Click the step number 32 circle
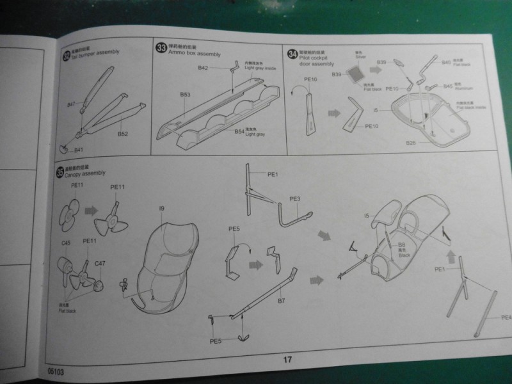tap(67, 55)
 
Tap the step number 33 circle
tap(161, 47)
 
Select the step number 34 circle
tap(292, 54)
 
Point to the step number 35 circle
tap(60, 173)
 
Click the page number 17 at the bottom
tap(287, 359)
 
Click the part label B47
tap(72, 104)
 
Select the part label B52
tap(123, 134)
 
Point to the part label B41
tap(79, 150)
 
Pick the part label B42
tap(204, 68)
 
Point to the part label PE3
tap(295, 199)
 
